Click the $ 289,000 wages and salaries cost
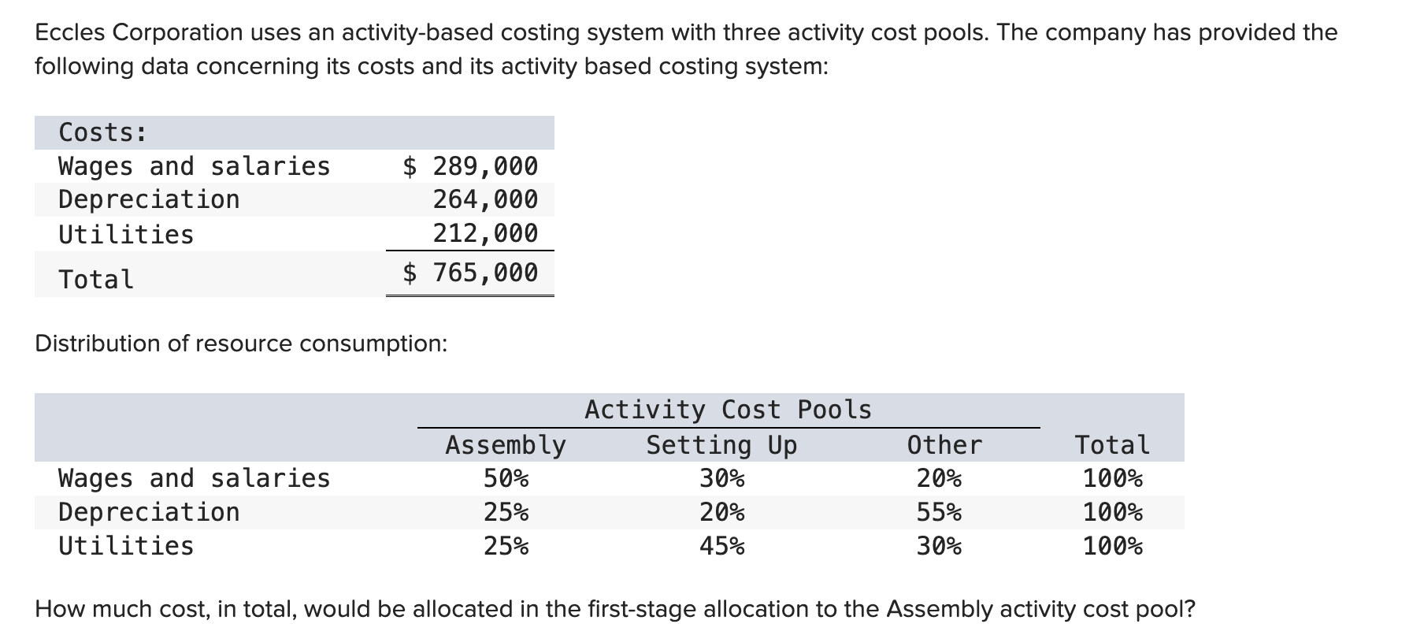click(470, 166)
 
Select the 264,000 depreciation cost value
click(485, 199)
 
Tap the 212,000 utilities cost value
click(485, 233)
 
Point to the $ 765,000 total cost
click(470, 273)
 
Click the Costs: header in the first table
click(102, 132)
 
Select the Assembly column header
click(506, 445)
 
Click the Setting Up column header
click(721, 445)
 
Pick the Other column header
click(944, 445)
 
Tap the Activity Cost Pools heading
click(728, 410)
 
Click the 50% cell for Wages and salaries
click(506, 478)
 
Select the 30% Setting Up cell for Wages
click(721, 478)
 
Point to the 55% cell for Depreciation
click(939, 513)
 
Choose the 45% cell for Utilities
click(721, 546)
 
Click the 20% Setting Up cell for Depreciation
click(721, 513)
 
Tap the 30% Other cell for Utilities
click(939, 546)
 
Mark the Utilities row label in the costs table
click(126, 234)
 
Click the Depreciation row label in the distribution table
click(149, 512)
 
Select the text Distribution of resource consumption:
click(241, 343)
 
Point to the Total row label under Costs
click(96, 280)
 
